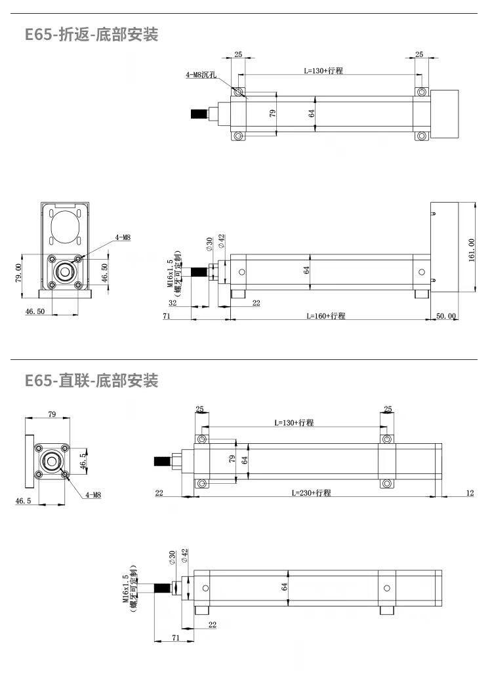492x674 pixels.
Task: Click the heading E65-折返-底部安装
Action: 91,35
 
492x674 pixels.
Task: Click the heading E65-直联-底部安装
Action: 91,380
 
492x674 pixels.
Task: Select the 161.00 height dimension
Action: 471,250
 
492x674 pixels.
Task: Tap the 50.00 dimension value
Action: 446,316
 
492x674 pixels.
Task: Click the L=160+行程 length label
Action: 325,316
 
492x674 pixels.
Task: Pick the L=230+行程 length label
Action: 311,492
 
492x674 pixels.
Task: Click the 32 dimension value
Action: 173,303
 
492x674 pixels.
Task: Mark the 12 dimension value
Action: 470,492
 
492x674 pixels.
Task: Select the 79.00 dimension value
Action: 18,271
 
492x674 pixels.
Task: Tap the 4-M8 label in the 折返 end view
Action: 123,237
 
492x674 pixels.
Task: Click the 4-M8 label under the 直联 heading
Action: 93,495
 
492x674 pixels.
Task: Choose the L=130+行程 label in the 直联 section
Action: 294,423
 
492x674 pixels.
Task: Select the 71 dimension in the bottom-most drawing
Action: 175,637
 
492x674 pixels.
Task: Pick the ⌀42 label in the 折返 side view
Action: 222,241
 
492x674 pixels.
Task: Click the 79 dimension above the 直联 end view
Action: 52,414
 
